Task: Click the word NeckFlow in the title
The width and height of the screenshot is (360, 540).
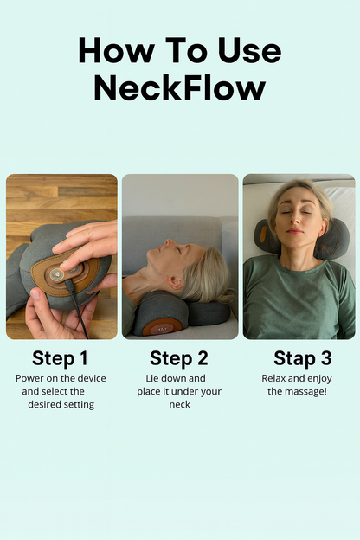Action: pos(179,87)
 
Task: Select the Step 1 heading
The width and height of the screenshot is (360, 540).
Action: pos(61,358)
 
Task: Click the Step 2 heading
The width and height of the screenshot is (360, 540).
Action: pos(179,358)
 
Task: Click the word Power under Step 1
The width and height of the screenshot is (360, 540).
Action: pos(30,379)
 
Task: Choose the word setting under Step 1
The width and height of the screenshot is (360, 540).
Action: pos(74,404)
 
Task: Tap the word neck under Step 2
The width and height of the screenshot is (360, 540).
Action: pos(179,404)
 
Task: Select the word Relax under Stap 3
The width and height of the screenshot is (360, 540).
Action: pos(276,379)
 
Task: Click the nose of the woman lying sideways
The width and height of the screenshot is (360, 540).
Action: pos(175,245)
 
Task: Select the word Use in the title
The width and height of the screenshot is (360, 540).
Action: pos(247,51)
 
